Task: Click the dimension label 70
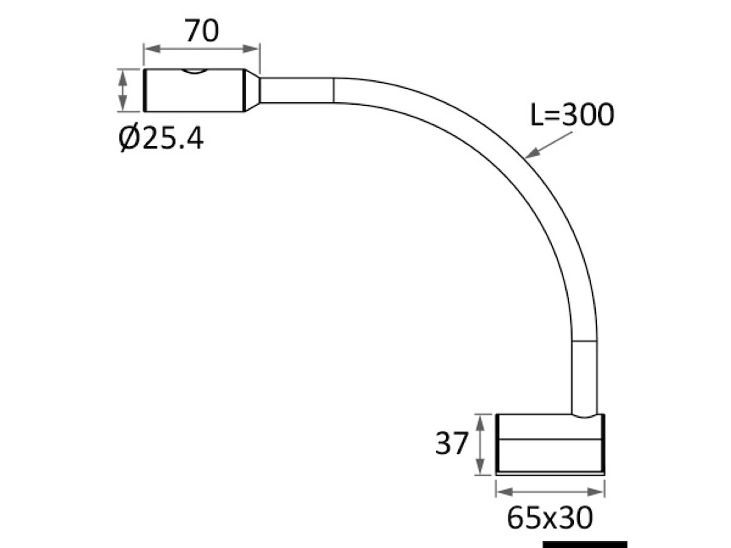[x=202, y=30]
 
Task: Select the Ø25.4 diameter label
[x=161, y=137]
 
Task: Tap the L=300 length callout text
[x=571, y=114]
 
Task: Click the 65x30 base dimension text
[x=550, y=518]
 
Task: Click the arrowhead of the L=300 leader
[x=532, y=153]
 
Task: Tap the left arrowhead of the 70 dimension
[x=153, y=49]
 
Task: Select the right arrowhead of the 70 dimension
[x=250, y=49]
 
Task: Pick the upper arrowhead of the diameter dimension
[x=123, y=78]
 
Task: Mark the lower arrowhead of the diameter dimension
[x=123, y=103]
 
